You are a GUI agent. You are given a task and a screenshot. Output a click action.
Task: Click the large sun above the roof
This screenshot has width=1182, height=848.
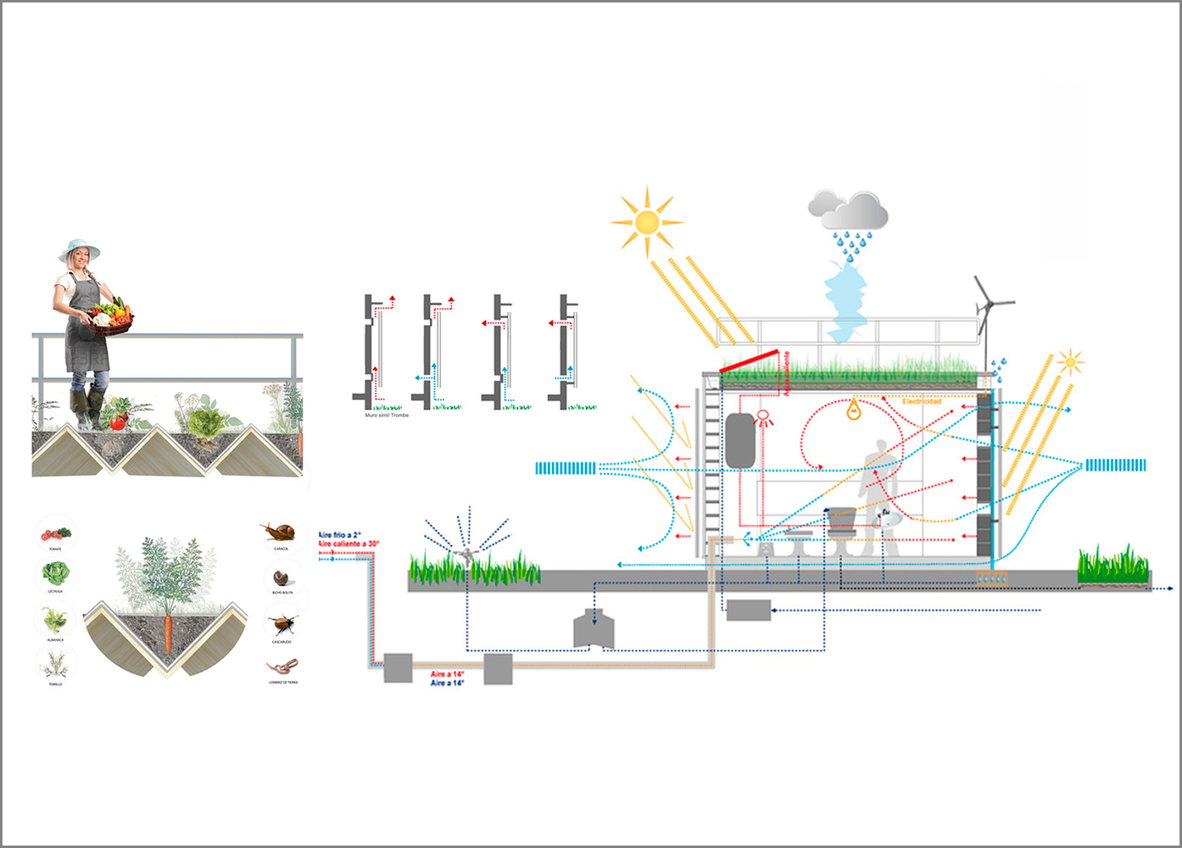647,222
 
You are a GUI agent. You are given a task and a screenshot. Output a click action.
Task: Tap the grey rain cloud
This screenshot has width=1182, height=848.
849,209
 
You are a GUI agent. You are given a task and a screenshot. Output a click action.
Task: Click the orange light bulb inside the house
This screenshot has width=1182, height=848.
855,411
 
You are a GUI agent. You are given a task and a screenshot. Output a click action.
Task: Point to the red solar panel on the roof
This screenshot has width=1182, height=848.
750,361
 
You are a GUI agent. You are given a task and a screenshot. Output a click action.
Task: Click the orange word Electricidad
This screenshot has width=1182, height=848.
922,401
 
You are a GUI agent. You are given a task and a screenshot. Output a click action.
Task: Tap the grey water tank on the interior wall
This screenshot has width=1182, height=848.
740,440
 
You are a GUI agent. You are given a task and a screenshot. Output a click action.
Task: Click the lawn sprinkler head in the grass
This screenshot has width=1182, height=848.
466,555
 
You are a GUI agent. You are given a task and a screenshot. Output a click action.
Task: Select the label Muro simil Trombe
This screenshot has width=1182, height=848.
387,416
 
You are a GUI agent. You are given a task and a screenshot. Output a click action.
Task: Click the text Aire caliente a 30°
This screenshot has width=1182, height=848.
349,544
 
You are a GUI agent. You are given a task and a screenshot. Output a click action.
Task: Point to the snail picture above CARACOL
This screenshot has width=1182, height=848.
281,533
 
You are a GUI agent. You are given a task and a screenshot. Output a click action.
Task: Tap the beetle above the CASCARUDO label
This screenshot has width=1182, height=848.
282,626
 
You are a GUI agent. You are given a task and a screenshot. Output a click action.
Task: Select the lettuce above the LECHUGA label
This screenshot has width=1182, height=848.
55,574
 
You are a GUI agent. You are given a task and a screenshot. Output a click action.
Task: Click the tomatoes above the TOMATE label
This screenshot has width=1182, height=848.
56,534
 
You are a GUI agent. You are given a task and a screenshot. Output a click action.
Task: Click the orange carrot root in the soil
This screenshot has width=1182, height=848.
168,635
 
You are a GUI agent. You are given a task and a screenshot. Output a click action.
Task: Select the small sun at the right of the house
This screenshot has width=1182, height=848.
1070,362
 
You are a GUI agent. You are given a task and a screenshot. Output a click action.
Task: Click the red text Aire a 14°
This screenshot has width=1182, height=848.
447,674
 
